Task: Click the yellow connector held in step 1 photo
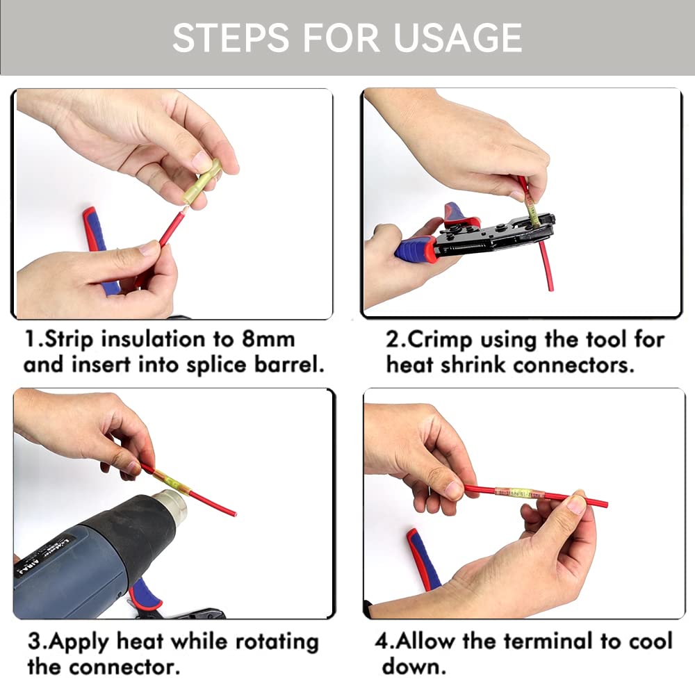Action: click(x=206, y=180)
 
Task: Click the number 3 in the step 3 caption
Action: click(x=33, y=641)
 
